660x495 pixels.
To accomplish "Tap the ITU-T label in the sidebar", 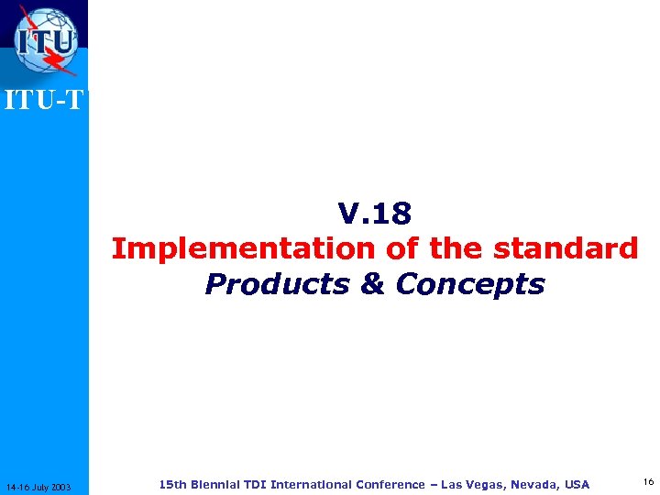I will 44,100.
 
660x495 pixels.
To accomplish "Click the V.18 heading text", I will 375,214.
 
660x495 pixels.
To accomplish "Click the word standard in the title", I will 566,248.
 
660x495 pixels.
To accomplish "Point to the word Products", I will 277,284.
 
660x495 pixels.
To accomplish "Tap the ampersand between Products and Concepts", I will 372,284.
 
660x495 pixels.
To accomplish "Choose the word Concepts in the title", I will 470,284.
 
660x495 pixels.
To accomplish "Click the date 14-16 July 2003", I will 44,486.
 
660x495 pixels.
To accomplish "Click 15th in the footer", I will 171,484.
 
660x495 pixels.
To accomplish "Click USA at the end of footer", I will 577,484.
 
